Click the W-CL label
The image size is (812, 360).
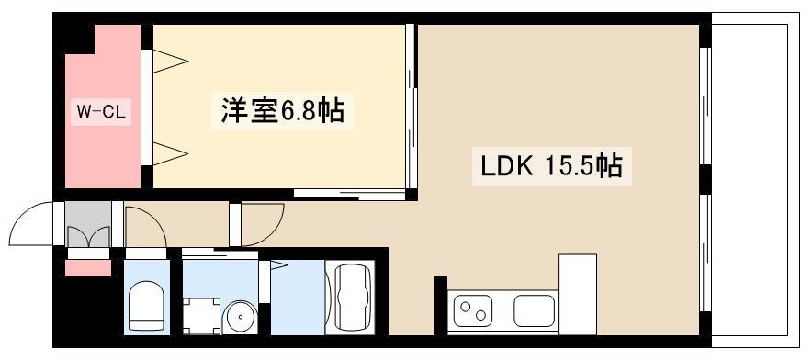tap(101, 112)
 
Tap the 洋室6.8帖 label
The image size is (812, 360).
tap(283, 111)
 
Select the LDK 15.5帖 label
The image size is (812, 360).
tap(551, 166)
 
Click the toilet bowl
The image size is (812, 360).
tap(146, 306)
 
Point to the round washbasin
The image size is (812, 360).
tap(240, 316)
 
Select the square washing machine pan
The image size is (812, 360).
tap(201, 315)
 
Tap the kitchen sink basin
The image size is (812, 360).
tap(534, 310)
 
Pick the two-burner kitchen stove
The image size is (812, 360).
tap(473, 310)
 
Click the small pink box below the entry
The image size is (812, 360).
tap(88, 268)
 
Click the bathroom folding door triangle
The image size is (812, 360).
tap(278, 265)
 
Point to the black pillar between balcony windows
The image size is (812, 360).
tap(705, 180)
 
